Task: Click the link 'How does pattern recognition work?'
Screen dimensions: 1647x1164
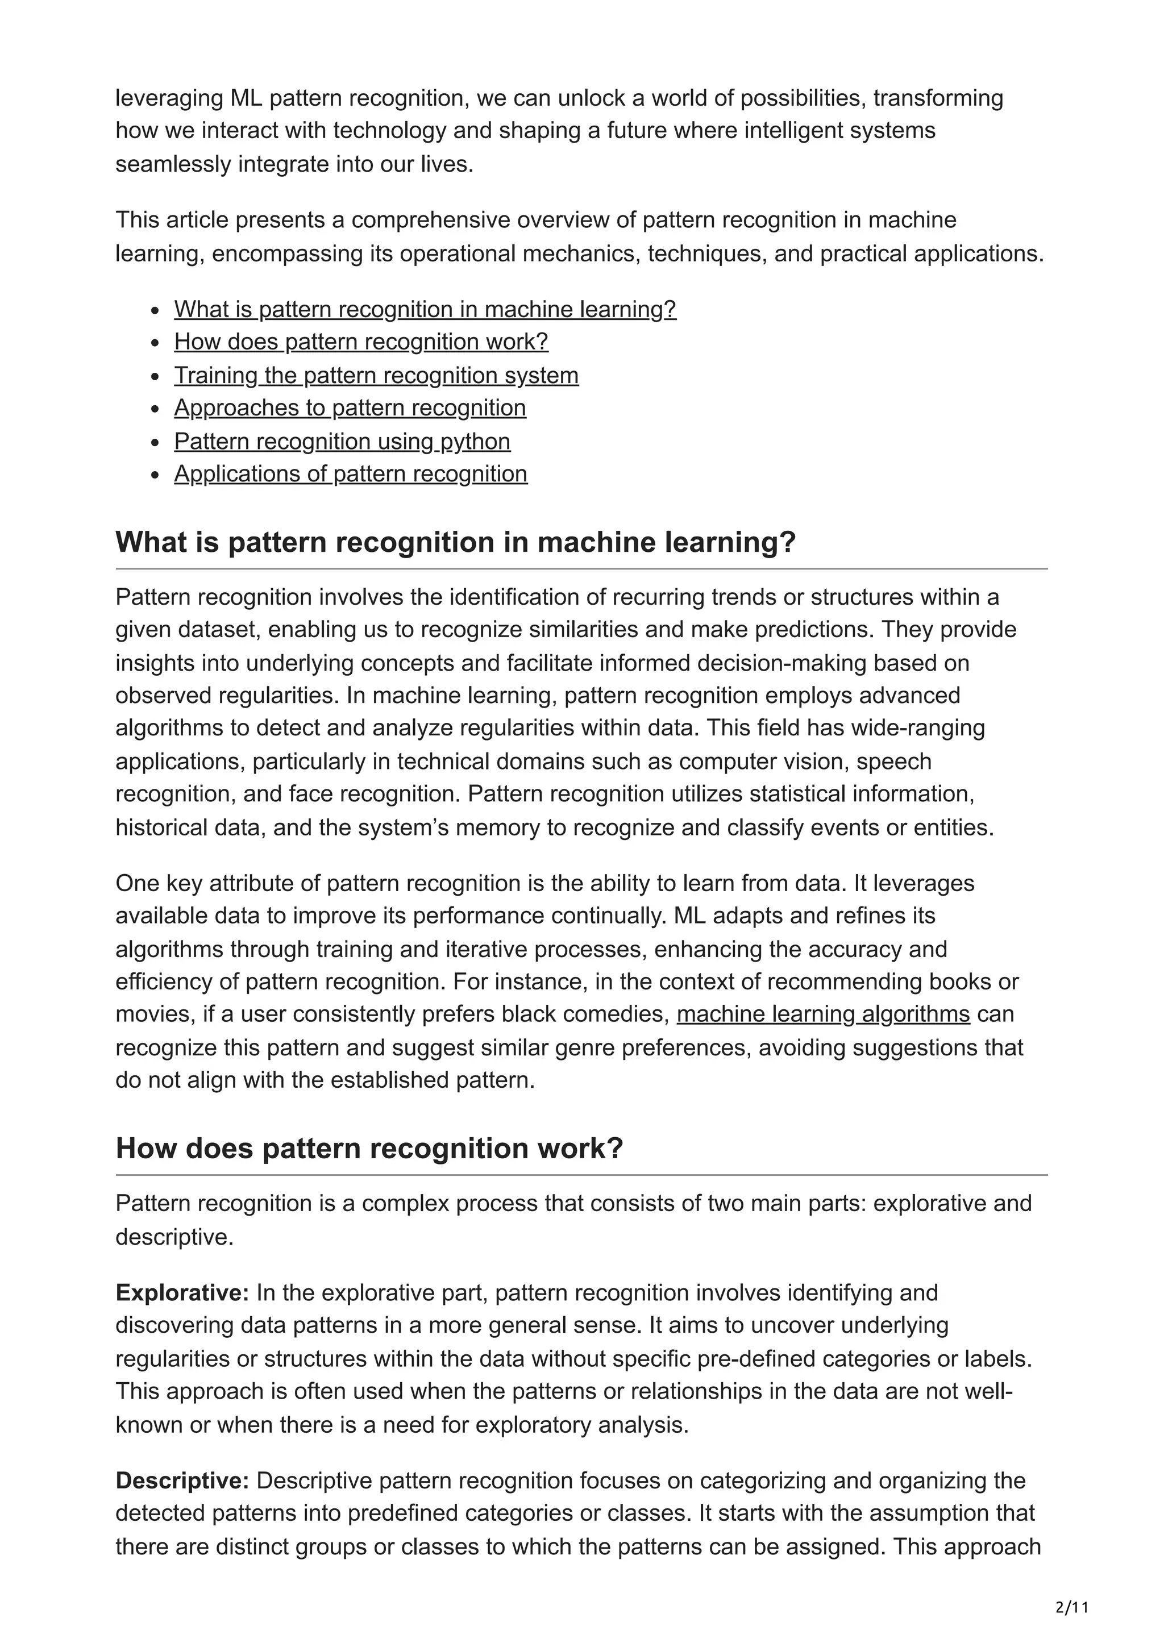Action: [x=361, y=342]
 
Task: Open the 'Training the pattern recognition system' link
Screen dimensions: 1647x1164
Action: [x=376, y=375]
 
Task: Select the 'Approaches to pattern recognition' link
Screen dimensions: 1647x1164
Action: [x=350, y=408]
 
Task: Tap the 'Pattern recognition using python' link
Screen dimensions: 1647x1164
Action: [x=342, y=441]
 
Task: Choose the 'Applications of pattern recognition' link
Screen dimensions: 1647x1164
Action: [x=351, y=474]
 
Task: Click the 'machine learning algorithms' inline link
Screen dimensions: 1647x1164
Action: [x=822, y=1014]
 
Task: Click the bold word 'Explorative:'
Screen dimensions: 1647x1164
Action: [x=182, y=1292]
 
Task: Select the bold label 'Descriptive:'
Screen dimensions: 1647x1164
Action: [x=182, y=1480]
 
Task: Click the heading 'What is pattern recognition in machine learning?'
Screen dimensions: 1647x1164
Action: [x=455, y=542]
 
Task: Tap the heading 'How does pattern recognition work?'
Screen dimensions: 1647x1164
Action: [x=369, y=1149]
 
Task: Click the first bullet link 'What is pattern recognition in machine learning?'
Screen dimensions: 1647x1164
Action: [x=425, y=309]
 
